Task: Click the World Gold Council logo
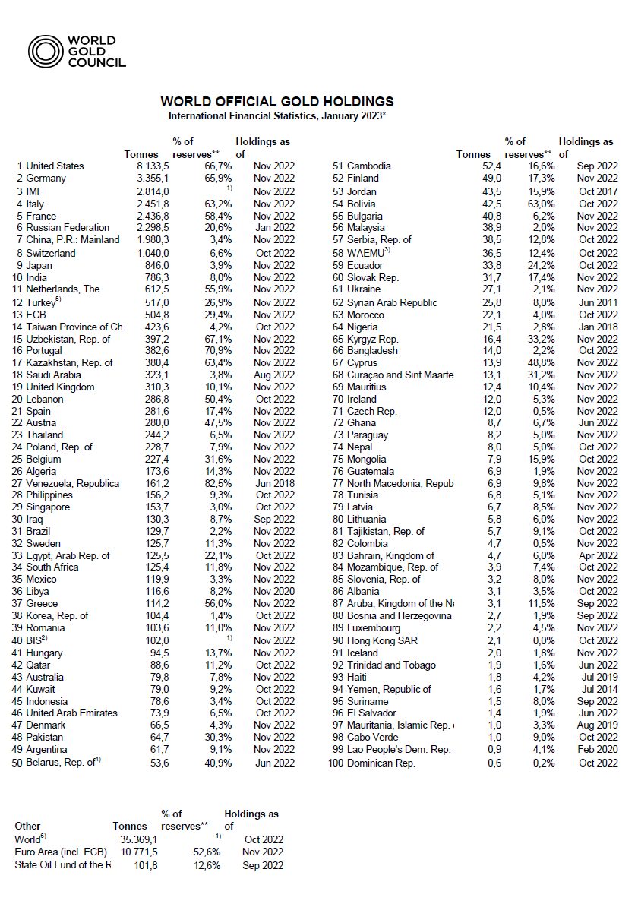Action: (77, 52)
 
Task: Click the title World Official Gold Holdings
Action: (276, 102)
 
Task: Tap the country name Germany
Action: (46, 179)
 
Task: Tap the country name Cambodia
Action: (369, 166)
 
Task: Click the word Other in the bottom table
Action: (28, 826)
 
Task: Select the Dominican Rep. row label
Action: (381, 763)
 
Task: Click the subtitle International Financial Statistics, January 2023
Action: (276, 116)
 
